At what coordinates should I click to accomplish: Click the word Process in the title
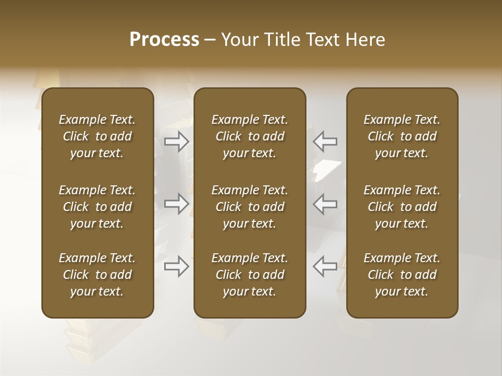point(164,40)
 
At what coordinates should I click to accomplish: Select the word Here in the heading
point(366,40)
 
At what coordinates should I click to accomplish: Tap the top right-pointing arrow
point(177,141)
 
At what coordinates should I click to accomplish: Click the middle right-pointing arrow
point(177,204)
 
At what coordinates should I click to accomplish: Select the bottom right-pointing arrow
point(177,266)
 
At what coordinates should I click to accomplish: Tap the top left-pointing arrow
point(325,141)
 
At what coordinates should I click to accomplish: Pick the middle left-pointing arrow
point(325,204)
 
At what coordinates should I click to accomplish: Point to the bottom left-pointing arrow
point(325,266)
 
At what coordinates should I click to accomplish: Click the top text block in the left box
point(97,136)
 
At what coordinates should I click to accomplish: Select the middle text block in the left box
point(97,207)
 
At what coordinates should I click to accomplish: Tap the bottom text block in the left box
point(97,275)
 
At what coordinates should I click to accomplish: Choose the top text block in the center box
point(249,136)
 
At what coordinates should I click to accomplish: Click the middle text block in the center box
point(249,207)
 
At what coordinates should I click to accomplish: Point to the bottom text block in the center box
point(249,275)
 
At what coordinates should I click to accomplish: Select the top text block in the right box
point(402,136)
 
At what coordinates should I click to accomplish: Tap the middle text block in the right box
point(402,207)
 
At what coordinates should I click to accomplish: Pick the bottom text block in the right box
point(402,275)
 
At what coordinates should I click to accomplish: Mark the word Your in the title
point(238,40)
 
